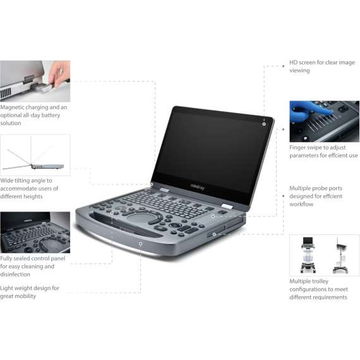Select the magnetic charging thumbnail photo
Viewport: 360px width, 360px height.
tap(35, 81)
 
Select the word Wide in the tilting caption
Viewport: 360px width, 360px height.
tap(8, 181)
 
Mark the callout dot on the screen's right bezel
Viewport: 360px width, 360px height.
tap(264, 123)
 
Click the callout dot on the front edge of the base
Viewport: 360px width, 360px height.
tap(140, 243)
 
